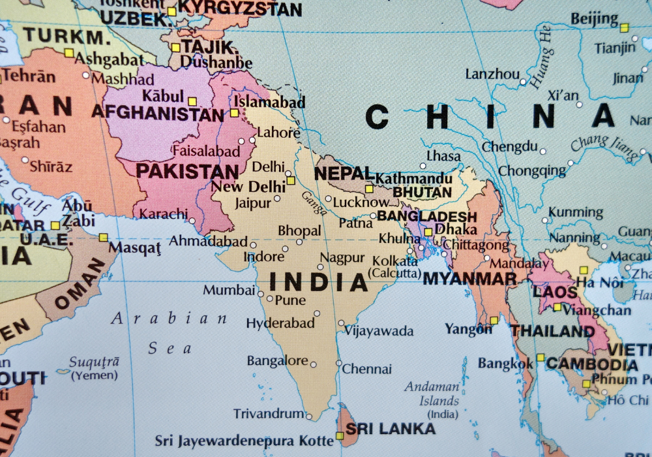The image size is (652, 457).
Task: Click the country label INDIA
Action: [x=319, y=282]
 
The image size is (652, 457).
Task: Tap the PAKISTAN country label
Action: [x=186, y=172]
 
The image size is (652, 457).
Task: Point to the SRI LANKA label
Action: [x=391, y=429]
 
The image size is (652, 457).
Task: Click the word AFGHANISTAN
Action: [x=157, y=114]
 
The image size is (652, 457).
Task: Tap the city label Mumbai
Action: [x=229, y=290]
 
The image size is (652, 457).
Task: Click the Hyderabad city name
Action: [x=280, y=323]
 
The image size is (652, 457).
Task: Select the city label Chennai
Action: [x=367, y=369]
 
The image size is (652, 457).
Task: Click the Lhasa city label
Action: [x=443, y=156]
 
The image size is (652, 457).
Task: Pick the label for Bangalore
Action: [x=277, y=361]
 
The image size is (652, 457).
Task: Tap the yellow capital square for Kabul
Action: [x=192, y=101]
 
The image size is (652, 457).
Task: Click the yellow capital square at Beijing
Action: [x=624, y=27]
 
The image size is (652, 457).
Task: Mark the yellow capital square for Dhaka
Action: [x=428, y=232]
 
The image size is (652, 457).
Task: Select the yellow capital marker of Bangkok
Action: [x=541, y=357]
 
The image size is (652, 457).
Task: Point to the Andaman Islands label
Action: [x=432, y=393]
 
